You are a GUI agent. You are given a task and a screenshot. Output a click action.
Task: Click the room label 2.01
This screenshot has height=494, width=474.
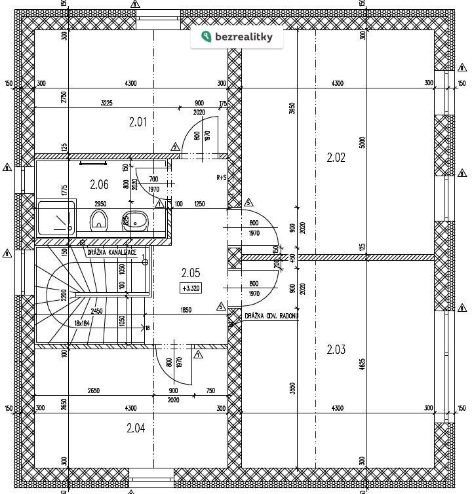tap(138, 122)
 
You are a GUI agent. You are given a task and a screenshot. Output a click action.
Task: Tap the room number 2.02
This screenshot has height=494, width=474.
tap(336, 157)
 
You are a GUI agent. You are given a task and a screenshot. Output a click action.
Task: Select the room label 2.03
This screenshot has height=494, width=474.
tap(336, 350)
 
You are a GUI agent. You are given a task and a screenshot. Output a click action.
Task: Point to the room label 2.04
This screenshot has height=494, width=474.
tap(136, 428)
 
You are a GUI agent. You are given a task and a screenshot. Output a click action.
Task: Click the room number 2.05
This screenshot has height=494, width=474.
tap(190, 273)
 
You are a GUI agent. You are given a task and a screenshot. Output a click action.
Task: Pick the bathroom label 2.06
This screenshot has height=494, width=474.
tap(99, 185)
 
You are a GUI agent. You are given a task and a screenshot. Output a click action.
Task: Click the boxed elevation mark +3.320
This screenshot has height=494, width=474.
tap(190, 288)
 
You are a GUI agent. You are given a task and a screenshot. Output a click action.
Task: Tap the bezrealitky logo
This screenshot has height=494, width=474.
tap(237, 37)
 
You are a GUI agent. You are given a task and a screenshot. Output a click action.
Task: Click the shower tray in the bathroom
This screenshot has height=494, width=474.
tap(56, 218)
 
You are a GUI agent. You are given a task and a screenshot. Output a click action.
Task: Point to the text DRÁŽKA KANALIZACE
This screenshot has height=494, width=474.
tap(111, 252)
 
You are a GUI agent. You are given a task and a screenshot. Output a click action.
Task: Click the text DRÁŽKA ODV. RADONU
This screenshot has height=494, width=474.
tap(271, 316)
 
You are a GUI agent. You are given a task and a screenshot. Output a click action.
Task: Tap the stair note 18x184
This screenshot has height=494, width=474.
tap(82, 323)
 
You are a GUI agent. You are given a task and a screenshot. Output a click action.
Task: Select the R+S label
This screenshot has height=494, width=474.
tap(221, 178)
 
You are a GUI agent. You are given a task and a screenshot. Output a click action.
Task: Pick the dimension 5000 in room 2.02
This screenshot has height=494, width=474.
tap(363, 142)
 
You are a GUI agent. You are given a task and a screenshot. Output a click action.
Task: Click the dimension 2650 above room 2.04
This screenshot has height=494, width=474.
tap(93, 390)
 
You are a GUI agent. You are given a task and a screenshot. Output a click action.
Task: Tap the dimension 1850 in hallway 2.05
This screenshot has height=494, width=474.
tap(186, 310)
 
